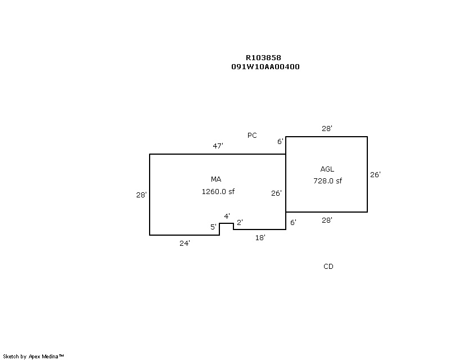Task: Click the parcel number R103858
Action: [x=263, y=58]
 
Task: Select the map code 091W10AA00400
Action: [x=265, y=66]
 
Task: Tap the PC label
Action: [x=252, y=135]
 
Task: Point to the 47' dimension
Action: [x=218, y=146]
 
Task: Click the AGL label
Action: [x=327, y=169]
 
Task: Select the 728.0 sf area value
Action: [x=328, y=181]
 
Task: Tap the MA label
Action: [x=216, y=179]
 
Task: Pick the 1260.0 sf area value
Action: [x=218, y=191]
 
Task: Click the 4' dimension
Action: [x=227, y=216]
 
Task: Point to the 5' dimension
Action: [x=213, y=227]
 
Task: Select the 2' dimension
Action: [x=240, y=222]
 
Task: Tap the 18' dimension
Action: [x=260, y=238]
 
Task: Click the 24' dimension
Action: [x=184, y=244]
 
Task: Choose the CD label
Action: [x=328, y=267]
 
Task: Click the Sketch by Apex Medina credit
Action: [x=33, y=357]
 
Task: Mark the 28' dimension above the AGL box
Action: [x=327, y=128]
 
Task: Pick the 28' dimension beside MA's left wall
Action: [x=141, y=195]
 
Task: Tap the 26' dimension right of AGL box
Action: [x=375, y=174]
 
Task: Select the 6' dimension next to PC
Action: [x=280, y=141]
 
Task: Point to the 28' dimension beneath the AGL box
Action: [x=327, y=220]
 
